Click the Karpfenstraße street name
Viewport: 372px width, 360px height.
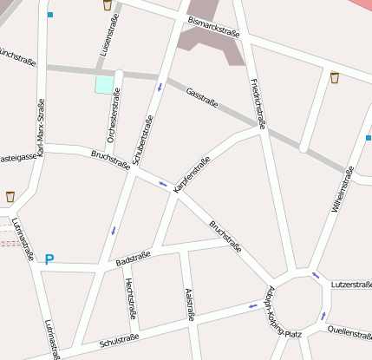tap(192, 173)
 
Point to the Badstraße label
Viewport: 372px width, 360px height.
tap(133, 258)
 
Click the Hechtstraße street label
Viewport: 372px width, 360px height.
tap(130, 298)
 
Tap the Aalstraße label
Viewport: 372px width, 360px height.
tap(190, 304)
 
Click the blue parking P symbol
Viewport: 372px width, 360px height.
tap(49, 259)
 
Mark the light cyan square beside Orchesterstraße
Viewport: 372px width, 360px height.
tap(104, 84)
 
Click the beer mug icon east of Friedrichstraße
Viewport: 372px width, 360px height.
tap(335, 78)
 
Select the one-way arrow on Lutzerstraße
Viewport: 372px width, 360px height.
tap(316, 276)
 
